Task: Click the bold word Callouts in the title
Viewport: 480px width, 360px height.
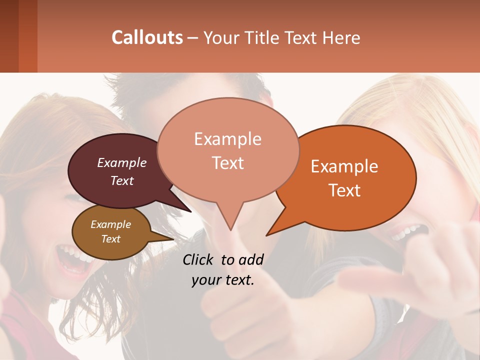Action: (147, 37)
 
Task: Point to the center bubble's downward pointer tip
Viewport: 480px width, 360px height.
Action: (230, 230)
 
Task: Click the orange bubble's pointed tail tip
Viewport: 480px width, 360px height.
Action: (266, 235)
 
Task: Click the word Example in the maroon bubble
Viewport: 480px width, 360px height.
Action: (121, 163)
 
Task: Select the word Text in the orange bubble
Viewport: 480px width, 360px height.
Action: (345, 190)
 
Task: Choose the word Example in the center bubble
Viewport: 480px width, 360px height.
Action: (227, 139)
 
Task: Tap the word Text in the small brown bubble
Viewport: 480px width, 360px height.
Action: (111, 239)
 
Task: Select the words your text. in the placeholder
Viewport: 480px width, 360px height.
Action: (222, 280)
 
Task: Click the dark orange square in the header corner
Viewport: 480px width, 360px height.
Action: (27, 36)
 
